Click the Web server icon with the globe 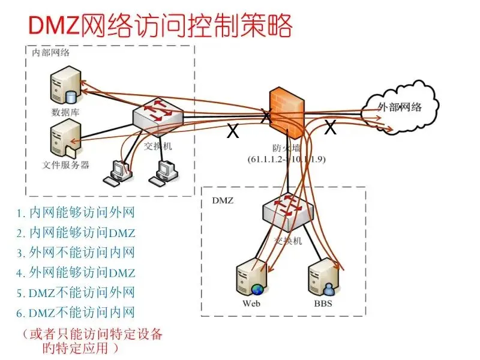(x=251, y=277)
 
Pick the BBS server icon (x=322, y=278)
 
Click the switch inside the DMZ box (x=286, y=209)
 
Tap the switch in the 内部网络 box (x=158, y=116)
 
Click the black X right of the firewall (x=330, y=127)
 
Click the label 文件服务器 (x=66, y=164)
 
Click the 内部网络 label (x=51, y=52)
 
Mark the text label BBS (x=322, y=303)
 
